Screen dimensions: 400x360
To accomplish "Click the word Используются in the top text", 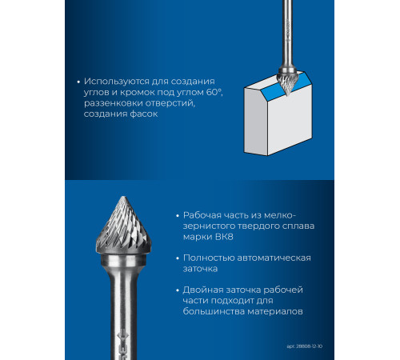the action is point(117,82).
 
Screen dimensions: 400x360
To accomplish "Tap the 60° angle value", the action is point(214,92).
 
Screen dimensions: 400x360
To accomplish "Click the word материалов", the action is point(275,311).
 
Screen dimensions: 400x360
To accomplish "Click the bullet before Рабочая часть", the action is point(178,215).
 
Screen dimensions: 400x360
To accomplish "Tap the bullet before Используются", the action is point(78,82).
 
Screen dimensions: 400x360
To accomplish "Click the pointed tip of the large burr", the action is point(123,197).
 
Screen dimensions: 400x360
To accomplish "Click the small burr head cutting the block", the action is point(286,82).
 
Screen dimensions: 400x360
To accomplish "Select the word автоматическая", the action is point(274,258).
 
